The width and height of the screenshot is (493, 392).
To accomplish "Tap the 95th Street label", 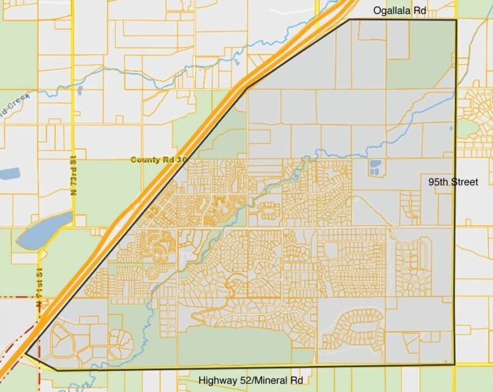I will point(453,182).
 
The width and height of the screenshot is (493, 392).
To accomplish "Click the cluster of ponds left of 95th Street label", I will point(374,167).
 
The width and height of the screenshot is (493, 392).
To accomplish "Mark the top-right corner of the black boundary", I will point(456,20).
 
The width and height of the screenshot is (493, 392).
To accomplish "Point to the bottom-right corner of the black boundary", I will point(455,364).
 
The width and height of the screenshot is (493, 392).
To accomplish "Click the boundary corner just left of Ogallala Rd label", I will point(350,20).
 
